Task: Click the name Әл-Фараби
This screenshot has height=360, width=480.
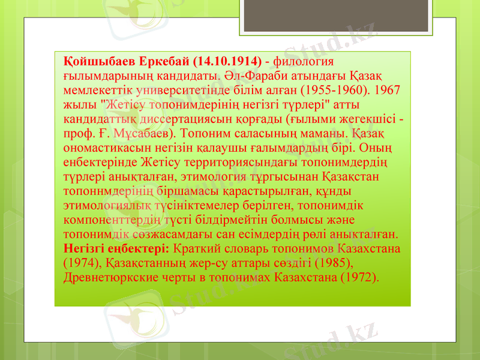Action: [x=254, y=76]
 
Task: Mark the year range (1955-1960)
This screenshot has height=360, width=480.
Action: [x=334, y=90]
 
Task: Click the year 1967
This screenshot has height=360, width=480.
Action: [x=391, y=90]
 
